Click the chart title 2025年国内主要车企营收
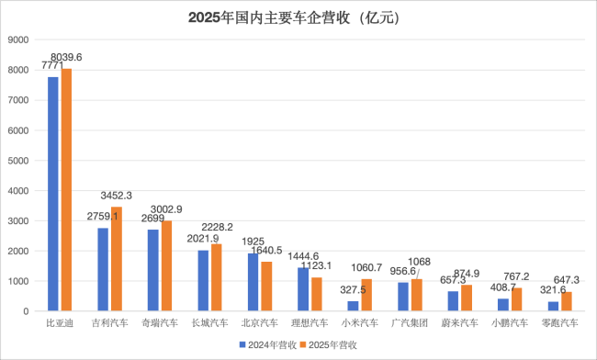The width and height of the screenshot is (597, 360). [x=299, y=17]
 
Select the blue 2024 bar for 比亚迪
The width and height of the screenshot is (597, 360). [x=53, y=194]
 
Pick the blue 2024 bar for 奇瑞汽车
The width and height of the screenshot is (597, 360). [x=153, y=270]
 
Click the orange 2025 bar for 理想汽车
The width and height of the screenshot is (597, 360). [x=316, y=294]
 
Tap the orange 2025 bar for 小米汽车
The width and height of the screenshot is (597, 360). [x=366, y=295]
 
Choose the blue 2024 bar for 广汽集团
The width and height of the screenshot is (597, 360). [x=403, y=297]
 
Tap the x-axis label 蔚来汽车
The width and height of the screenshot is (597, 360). [x=458, y=323]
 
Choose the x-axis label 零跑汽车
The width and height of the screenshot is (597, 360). [x=558, y=323]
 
